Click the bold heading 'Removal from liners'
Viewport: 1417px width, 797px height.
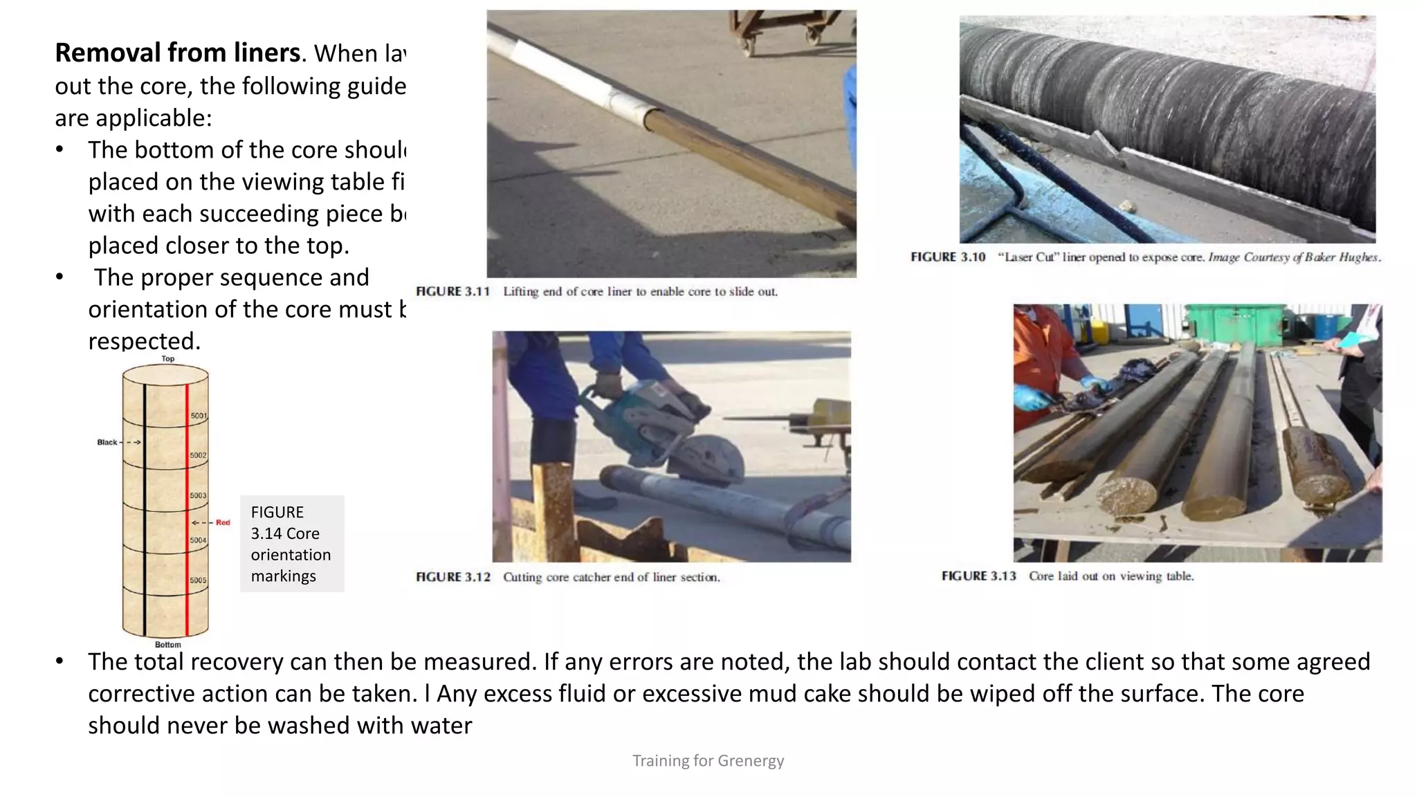pos(178,53)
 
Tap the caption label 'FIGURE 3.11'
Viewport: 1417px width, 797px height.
pos(452,291)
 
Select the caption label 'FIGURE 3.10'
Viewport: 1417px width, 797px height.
pos(947,257)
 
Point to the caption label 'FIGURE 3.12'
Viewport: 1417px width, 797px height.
pos(452,577)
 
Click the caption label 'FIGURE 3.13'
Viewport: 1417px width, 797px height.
pos(978,576)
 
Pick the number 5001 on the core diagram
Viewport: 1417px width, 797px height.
pos(199,416)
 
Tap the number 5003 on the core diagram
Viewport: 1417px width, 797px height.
pos(199,495)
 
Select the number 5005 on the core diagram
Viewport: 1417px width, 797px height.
pos(199,580)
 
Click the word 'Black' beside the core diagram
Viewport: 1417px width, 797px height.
pos(107,442)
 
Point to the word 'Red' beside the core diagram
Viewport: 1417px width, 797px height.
pos(223,522)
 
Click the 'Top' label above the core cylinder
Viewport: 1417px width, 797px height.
pos(168,358)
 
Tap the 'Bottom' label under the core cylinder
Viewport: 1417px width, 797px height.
pos(168,644)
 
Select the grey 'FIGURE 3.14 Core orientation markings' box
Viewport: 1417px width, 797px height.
pos(291,544)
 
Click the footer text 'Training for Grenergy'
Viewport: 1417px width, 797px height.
pos(708,760)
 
